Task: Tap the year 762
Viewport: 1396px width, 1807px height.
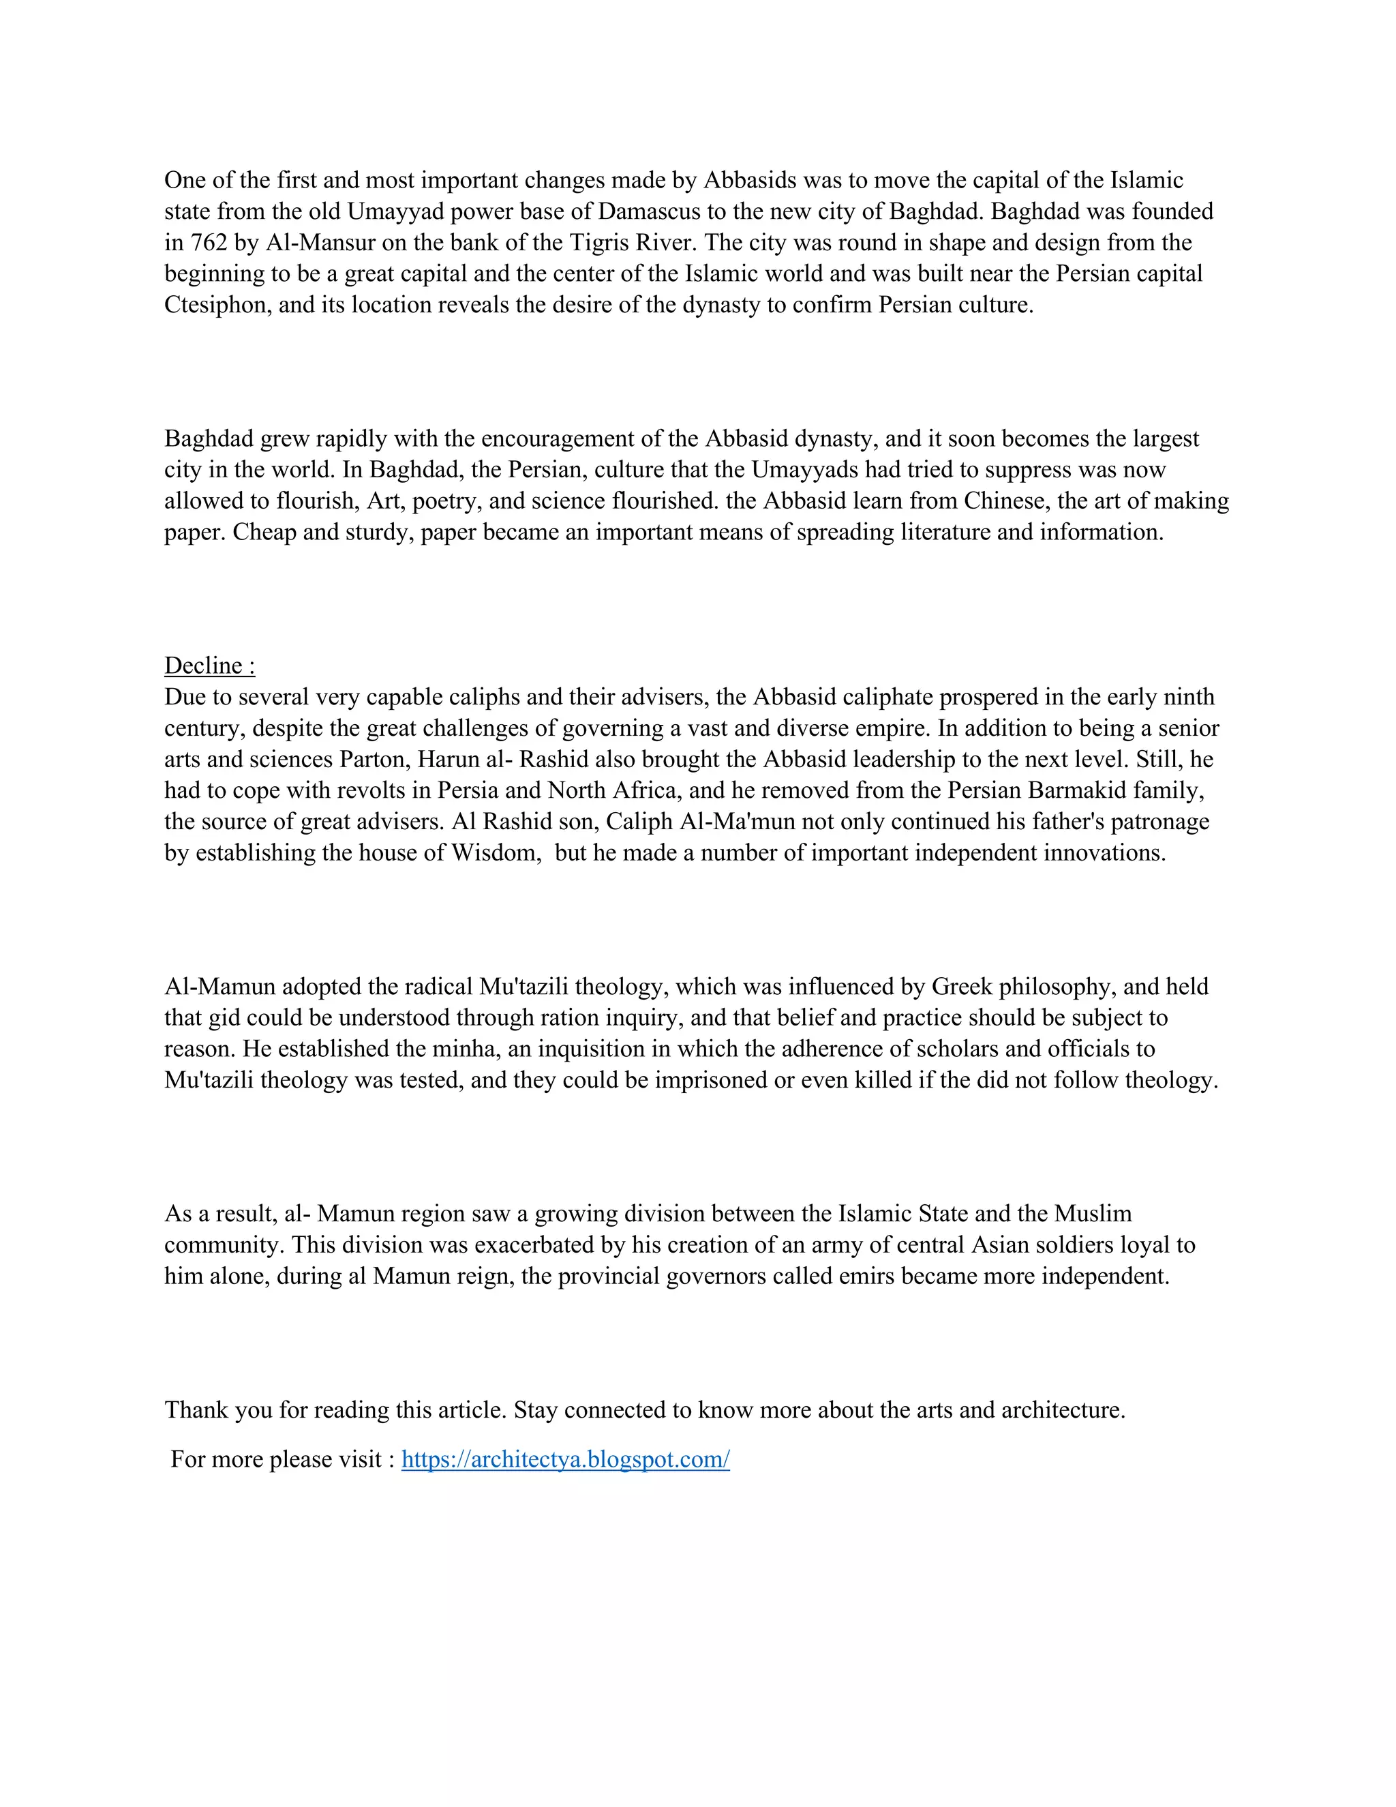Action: tap(209, 243)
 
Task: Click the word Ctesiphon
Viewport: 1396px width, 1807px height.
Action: tap(217, 305)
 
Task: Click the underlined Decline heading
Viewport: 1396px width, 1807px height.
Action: tap(209, 666)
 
